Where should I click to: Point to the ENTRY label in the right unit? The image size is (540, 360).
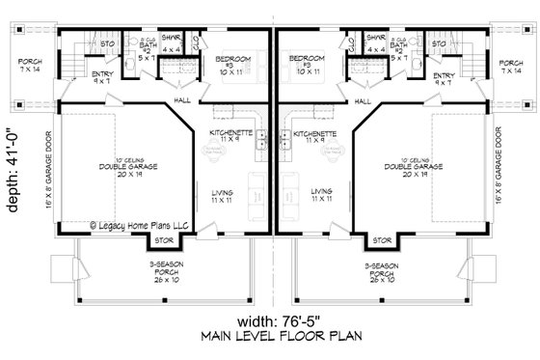(444, 78)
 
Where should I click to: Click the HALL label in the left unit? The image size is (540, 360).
(183, 100)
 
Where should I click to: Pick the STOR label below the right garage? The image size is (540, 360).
(382, 240)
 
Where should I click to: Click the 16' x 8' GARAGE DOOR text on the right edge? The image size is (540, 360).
(526, 169)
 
